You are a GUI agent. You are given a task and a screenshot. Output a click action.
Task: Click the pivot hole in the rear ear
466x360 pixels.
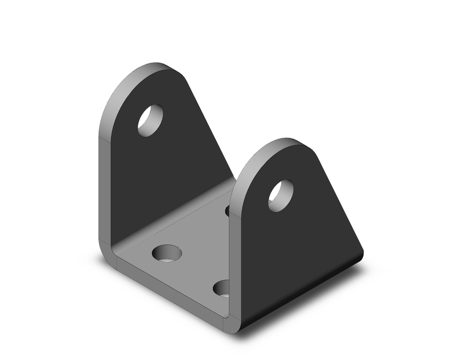(150, 120)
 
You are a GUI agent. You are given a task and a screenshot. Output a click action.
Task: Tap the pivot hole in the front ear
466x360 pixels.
(281, 195)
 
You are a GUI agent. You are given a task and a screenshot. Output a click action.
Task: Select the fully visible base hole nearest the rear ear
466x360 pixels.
(167, 253)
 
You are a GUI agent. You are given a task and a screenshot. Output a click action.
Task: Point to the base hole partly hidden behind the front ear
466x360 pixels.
(228, 211)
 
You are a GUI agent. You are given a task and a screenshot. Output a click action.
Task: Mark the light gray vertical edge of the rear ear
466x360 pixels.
(105, 187)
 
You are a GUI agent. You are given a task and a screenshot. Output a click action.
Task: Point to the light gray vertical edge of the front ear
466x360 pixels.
(235, 261)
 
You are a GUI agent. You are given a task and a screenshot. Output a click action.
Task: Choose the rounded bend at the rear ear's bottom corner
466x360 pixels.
(106, 252)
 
